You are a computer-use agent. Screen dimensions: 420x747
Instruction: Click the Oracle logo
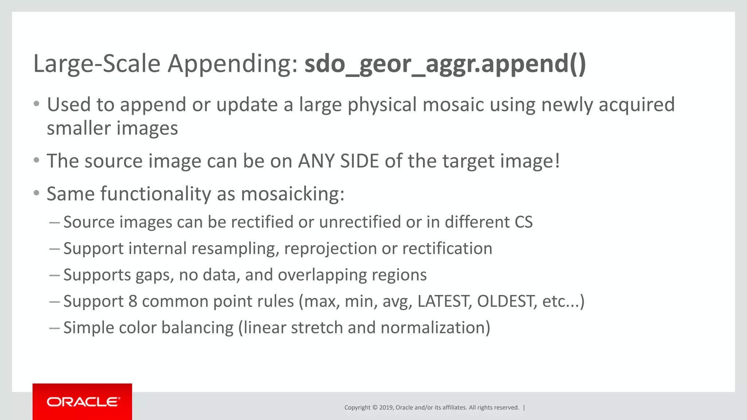click(x=82, y=402)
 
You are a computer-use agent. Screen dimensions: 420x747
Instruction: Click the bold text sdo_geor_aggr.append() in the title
click(x=445, y=64)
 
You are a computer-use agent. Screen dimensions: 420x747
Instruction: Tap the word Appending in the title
click(x=232, y=64)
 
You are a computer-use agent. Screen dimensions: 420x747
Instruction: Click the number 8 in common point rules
click(x=133, y=302)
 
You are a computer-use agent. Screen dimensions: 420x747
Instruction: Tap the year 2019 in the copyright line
click(x=386, y=408)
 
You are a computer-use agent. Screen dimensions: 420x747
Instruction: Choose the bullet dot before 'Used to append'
click(x=36, y=104)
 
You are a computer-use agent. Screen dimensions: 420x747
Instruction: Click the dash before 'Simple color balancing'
click(x=54, y=328)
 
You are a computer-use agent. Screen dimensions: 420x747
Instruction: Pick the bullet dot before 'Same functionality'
click(x=36, y=193)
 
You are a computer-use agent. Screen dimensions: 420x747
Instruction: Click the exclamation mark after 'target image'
click(x=557, y=161)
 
